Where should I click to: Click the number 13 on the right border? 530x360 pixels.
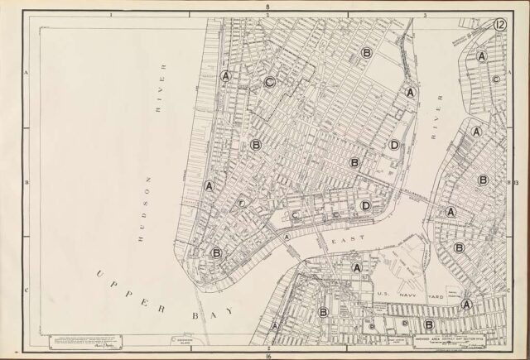[514, 181]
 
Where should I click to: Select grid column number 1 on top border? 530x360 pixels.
[111, 15]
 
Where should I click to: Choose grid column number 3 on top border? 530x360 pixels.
[424, 15]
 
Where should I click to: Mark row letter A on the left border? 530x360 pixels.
[26, 73]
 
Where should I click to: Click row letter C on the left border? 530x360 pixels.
[26, 290]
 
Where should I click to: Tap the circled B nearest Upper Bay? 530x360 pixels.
[216, 253]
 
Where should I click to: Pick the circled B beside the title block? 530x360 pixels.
[429, 324]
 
